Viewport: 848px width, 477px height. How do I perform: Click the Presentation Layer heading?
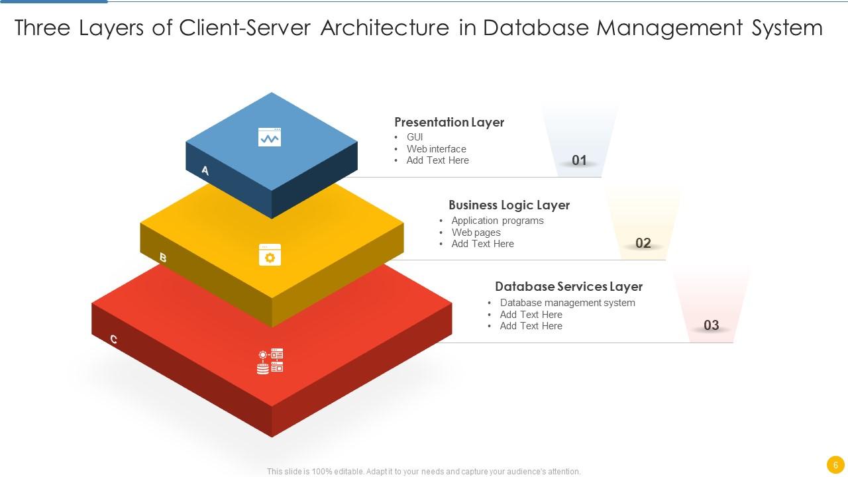click(x=449, y=122)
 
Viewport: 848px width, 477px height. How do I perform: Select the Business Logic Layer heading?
click(x=509, y=205)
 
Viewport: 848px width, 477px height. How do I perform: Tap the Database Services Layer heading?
click(x=568, y=286)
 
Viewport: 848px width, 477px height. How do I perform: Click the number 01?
click(x=579, y=160)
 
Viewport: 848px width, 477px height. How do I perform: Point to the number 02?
click(x=643, y=243)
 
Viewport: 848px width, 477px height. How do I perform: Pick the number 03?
click(x=711, y=325)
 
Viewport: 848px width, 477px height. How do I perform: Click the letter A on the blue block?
click(x=205, y=171)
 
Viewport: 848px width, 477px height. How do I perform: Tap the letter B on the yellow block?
click(x=163, y=258)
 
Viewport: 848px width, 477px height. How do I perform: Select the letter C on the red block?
click(x=114, y=340)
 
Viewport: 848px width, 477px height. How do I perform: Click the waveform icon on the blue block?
click(x=270, y=137)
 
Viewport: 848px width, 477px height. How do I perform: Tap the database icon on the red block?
click(x=270, y=361)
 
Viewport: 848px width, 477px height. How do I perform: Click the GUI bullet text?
click(x=415, y=137)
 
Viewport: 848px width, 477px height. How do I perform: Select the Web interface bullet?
click(x=436, y=149)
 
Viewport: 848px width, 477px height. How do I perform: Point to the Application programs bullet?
click(x=497, y=221)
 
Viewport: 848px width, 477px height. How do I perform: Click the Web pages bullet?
click(x=476, y=233)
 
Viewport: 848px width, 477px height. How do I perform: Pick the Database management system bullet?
click(x=567, y=303)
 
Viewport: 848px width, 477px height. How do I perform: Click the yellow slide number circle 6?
click(x=835, y=465)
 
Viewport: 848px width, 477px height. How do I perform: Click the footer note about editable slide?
click(x=424, y=472)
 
